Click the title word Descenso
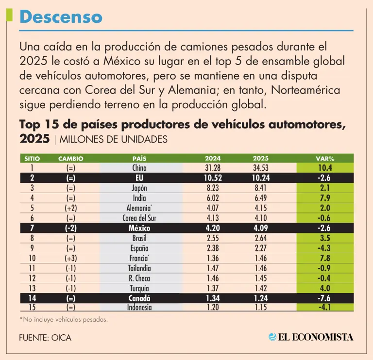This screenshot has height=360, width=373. click(61, 17)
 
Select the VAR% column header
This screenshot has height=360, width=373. click(325, 158)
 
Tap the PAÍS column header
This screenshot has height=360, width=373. click(139, 158)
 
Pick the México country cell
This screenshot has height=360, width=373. click(139, 228)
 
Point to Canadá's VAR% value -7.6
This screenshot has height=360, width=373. click(325, 298)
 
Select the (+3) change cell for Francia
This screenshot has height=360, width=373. click(70, 258)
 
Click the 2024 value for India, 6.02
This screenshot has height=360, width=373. click(213, 198)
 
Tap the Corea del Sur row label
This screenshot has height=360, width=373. click(139, 218)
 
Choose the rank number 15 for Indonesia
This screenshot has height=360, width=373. click(32, 308)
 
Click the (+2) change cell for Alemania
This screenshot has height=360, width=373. click(70, 208)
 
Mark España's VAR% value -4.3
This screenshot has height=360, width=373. click(325, 248)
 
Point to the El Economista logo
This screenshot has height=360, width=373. click(311, 337)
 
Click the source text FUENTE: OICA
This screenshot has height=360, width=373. click(45, 338)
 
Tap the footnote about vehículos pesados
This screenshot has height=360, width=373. click(64, 319)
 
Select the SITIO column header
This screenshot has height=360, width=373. click(32, 158)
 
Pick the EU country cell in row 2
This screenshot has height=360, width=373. click(139, 178)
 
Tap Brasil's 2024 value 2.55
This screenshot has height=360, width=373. click(213, 238)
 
